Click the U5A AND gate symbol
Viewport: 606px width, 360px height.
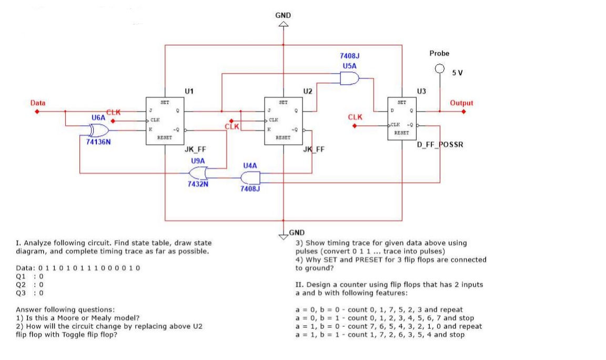[x=350, y=79]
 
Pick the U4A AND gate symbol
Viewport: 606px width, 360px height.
[x=250, y=177]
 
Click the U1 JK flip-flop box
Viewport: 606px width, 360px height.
[x=164, y=121]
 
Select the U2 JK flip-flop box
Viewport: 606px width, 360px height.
[x=284, y=121]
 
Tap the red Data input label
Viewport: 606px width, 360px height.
[x=37, y=103]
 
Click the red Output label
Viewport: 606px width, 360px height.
[x=461, y=103]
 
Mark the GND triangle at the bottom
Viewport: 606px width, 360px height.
[x=284, y=235]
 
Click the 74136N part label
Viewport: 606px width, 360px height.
[x=98, y=142]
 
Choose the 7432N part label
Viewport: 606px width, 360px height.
[x=198, y=184]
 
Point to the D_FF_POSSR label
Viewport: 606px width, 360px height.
[x=440, y=144]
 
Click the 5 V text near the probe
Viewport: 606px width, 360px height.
[x=457, y=73]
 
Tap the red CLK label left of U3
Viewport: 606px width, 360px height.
[x=355, y=117]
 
